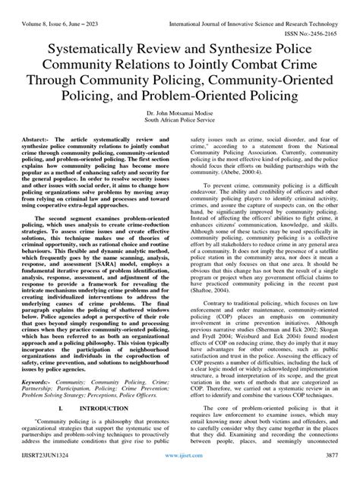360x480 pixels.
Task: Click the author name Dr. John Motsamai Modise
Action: point(179,112)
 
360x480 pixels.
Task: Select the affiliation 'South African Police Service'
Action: point(179,119)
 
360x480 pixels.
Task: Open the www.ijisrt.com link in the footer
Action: point(179,472)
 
